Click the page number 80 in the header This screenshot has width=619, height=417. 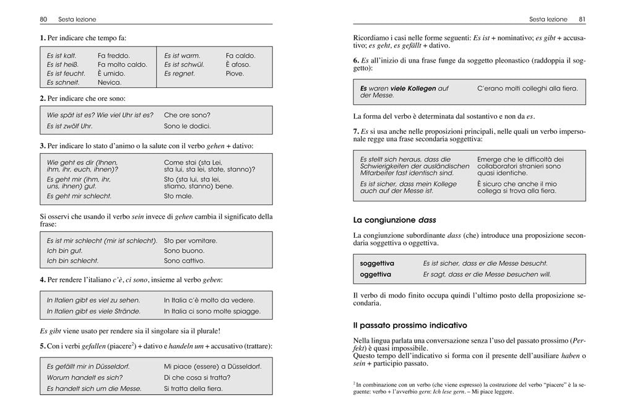(43, 19)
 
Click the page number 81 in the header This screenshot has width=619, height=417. (582, 19)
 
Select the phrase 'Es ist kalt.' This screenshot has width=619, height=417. (62, 56)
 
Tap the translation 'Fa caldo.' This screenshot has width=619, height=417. (240, 56)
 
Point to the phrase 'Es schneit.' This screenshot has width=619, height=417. (63, 82)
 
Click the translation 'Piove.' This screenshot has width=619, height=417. (235, 74)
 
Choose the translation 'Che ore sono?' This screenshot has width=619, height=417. (187, 115)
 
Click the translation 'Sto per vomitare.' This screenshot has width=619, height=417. (191, 240)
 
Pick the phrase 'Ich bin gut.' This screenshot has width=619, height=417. (64, 251)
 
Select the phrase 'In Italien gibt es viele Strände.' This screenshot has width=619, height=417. (93, 311)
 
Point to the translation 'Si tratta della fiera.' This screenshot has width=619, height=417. (193, 388)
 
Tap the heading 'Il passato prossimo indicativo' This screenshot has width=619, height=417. (410, 325)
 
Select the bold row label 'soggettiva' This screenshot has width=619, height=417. (377, 263)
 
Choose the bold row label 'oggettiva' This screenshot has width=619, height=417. (375, 274)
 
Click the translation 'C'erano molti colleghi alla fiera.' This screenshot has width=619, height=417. (527, 89)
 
